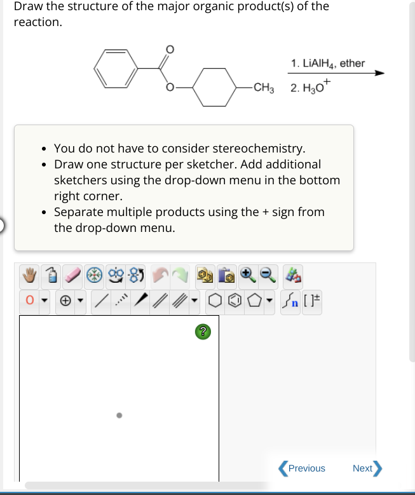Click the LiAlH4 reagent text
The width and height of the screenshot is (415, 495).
(x=327, y=63)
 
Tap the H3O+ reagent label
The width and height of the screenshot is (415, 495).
(x=311, y=87)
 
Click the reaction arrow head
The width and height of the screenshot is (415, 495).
(x=379, y=73)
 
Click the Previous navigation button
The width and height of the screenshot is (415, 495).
(x=303, y=468)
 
